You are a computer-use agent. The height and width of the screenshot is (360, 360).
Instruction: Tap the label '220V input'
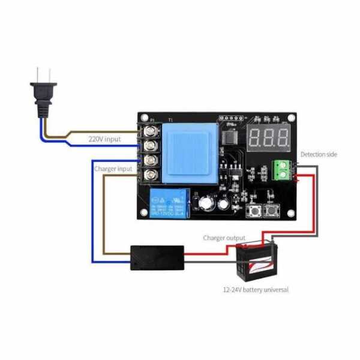tap(104, 139)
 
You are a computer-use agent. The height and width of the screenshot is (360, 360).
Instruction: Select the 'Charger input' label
tap(113, 169)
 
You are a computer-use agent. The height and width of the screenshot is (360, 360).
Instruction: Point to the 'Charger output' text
tap(224, 238)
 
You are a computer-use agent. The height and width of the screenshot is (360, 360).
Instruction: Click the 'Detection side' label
tap(319, 154)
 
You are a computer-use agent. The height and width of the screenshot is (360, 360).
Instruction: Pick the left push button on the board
tap(253, 210)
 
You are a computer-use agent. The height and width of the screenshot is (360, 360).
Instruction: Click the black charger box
tap(157, 257)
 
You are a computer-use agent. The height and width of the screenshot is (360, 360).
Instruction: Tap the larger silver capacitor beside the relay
tap(207, 204)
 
